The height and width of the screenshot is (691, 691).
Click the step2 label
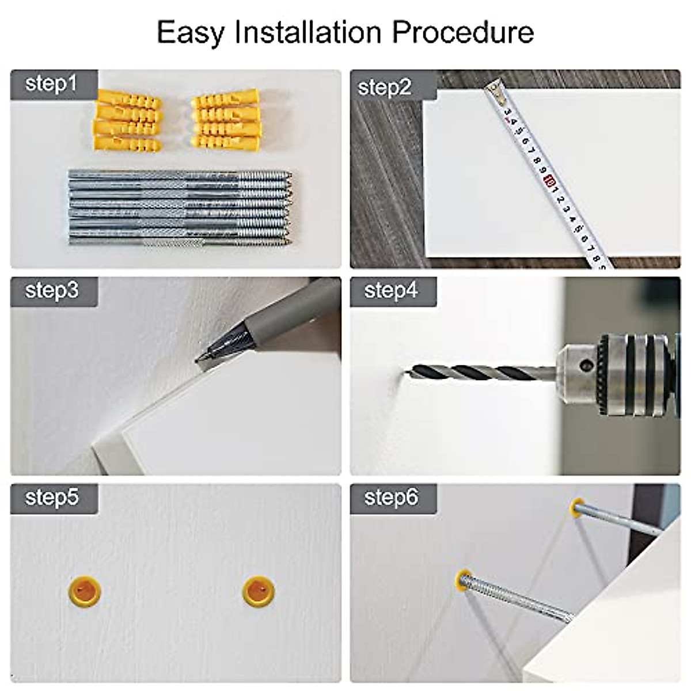point(384,88)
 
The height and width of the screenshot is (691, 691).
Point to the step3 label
point(52,290)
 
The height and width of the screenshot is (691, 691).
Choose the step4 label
point(391,290)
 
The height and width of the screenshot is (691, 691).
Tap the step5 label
point(52,497)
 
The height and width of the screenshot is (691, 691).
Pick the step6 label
point(391,498)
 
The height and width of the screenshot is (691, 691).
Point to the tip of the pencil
point(196,360)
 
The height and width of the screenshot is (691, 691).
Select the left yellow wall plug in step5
point(84,591)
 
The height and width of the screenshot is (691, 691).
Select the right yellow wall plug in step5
point(259,591)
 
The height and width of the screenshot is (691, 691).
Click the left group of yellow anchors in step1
point(127,121)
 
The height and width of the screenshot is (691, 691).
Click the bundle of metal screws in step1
point(181,207)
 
